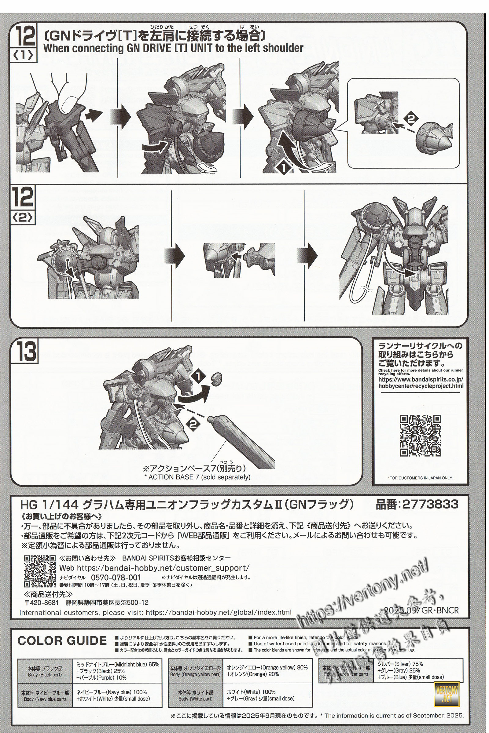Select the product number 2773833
coord(430,504)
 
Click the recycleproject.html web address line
coord(421,385)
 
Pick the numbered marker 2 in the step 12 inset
coord(411,119)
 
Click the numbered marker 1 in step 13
coord(198,377)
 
